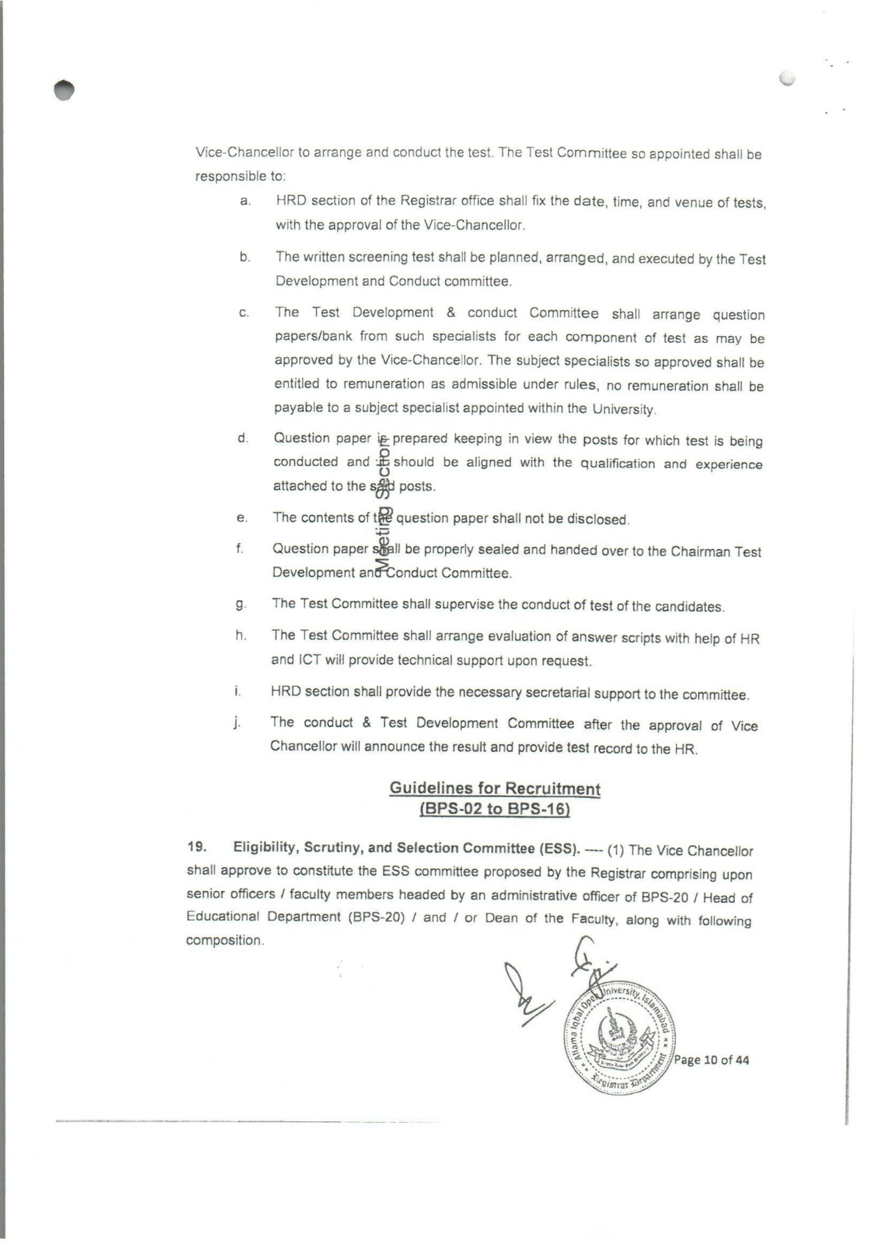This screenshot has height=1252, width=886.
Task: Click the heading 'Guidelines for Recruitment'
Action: tap(494, 788)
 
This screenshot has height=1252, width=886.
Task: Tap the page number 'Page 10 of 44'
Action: tap(711, 1060)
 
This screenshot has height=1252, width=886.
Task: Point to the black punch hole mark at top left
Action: tap(64, 90)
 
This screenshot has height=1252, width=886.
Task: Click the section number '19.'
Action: tap(197, 847)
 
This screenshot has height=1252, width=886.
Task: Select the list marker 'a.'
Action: tap(245, 201)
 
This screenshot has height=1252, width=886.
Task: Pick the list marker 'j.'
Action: tap(237, 722)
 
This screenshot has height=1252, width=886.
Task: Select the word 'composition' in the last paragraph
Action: tap(224, 940)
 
